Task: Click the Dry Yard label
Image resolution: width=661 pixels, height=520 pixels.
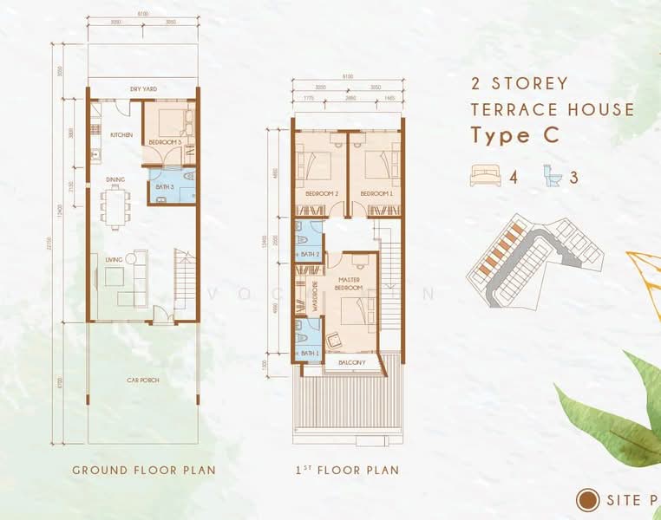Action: pyautogui.click(x=143, y=88)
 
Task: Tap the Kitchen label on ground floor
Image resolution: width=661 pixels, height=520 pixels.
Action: pyautogui.click(x=121, y=135)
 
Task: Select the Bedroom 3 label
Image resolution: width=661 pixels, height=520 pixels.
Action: pyautogui.click(x=165, y=141)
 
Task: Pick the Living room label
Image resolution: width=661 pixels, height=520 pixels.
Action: pyautogui.click(x=114, y=259)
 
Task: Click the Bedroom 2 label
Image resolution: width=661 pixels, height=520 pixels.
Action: pyautogui.click(x=320, y=192)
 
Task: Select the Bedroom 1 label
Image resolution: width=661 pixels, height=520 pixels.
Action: pyautogui.click(x=376, y=192)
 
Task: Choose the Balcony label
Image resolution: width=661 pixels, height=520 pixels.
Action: pyautogui.click(x=353, y=362)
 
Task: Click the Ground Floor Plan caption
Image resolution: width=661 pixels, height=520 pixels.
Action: pyautogui.click(x=143, y=471)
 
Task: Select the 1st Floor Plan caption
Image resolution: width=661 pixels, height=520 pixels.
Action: pyautogui.click(x=346, y=471)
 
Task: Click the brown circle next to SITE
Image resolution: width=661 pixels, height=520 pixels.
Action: pyautogui.click(x=589, y=499)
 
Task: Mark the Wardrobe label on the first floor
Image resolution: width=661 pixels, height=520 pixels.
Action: pyautogui.click(x=317, y=295)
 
